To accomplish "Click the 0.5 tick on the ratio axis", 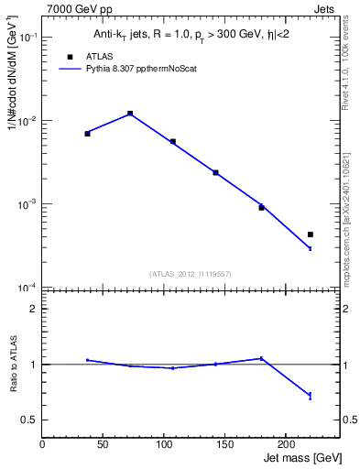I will (28, 420).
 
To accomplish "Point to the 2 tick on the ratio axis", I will (33, 309).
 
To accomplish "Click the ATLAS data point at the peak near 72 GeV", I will (130, 114).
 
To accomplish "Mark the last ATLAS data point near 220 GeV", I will (311, 234).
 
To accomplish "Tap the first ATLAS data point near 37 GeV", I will (87, 134).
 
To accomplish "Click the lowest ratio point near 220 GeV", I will (311, 396).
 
